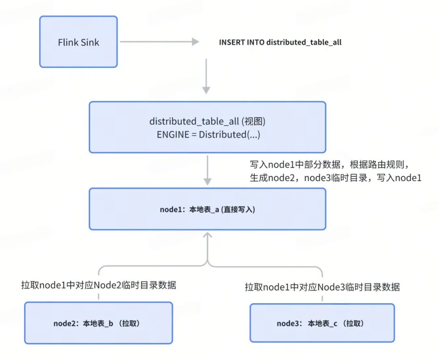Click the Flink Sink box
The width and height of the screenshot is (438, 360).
pos(78,42)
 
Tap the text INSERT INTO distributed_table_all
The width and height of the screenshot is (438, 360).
pos(280,42)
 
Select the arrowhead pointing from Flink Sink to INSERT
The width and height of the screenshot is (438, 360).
pos(195,42)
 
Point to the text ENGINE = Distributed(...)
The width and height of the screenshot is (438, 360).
pos(208,135)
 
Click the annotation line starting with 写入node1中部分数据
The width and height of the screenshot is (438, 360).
pos(331,165)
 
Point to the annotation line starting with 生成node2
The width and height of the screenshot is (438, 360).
pos(335,178)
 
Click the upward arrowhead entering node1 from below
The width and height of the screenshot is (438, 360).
pos(207,235)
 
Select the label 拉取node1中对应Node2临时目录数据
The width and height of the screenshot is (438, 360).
pos(99,285)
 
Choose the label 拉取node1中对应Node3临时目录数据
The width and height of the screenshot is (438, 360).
pos(322,287)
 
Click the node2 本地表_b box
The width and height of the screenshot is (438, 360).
pos(99,323)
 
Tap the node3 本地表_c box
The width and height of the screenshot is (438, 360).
pos(322,323)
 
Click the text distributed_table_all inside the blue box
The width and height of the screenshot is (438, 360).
pos(194,121)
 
